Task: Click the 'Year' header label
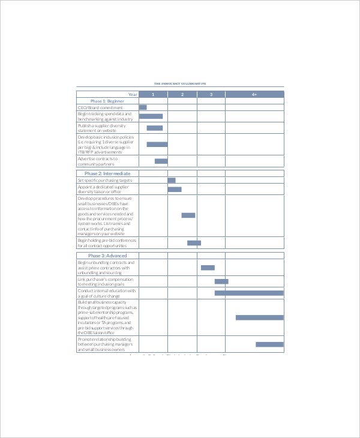(133, 94)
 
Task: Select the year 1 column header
(153, 94)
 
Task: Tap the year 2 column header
(182, 94)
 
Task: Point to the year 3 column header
(211, 94)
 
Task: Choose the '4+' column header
(254, 94)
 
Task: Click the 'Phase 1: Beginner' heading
(107, 101)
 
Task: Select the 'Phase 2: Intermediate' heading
(107, 173)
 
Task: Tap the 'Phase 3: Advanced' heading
(107, 256)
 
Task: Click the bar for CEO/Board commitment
(143, 107)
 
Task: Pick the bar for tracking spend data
(151, 116)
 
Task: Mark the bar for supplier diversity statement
(155, 128)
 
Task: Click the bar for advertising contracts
(161, 161)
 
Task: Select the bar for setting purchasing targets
(172, 180)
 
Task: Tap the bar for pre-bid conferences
(194, 243)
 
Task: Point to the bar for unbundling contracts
(208, 268)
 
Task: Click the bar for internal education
(249, 293)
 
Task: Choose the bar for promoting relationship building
(269, 344)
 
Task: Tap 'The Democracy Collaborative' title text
(180, 83)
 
